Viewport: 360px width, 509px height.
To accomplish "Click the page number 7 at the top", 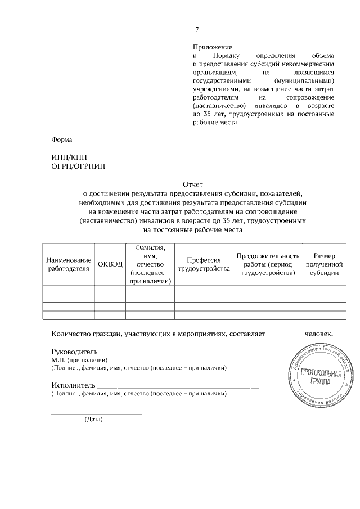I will click(197, 30).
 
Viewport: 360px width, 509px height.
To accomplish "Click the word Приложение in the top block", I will click(212, 48).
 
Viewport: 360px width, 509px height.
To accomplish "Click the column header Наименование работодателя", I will click(69, 264).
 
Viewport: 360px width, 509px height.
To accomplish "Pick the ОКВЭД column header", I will click(110, 264).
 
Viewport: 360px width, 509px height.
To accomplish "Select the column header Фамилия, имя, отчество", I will click(150, 264).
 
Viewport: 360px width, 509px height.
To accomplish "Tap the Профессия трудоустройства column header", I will click(204, 264).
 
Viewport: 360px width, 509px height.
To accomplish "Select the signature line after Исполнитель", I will click(178, 387).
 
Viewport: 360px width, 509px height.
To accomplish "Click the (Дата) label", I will click(94, 420).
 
